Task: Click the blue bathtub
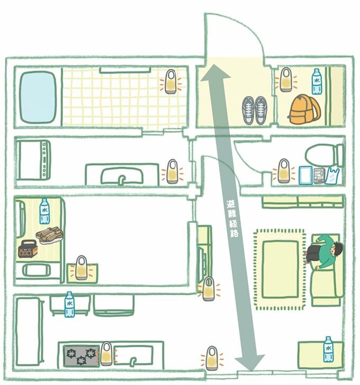coord(38,97)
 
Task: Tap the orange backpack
coord(304,110)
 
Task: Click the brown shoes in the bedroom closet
coord(49,235)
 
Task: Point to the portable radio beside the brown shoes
coord(28,249)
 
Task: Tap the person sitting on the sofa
coord(325,251)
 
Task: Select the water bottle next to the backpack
coord(317,81)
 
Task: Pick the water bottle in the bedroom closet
coord(44,211)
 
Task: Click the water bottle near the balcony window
coord(328,349)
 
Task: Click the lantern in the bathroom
coord(170,82)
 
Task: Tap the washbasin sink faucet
coord(123,178)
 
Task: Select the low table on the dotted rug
coord(280,268)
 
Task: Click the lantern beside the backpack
coord(286,79)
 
